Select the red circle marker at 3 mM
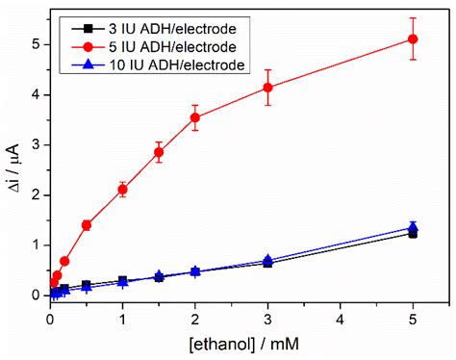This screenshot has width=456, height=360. (267, 88)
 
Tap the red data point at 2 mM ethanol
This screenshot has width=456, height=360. (195, 117)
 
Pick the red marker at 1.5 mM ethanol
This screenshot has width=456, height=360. (159, 152)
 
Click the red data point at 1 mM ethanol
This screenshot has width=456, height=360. (122, 190)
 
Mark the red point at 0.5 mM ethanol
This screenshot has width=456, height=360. (87, 225)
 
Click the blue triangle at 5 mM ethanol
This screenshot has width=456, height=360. (413, 227)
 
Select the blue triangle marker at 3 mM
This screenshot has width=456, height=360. (267, 261)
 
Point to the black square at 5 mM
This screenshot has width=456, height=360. (413, 233)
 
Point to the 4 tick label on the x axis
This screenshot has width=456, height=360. (341, 318)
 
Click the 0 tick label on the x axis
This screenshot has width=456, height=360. (50, 318)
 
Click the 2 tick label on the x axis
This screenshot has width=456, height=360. (195, 318)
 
